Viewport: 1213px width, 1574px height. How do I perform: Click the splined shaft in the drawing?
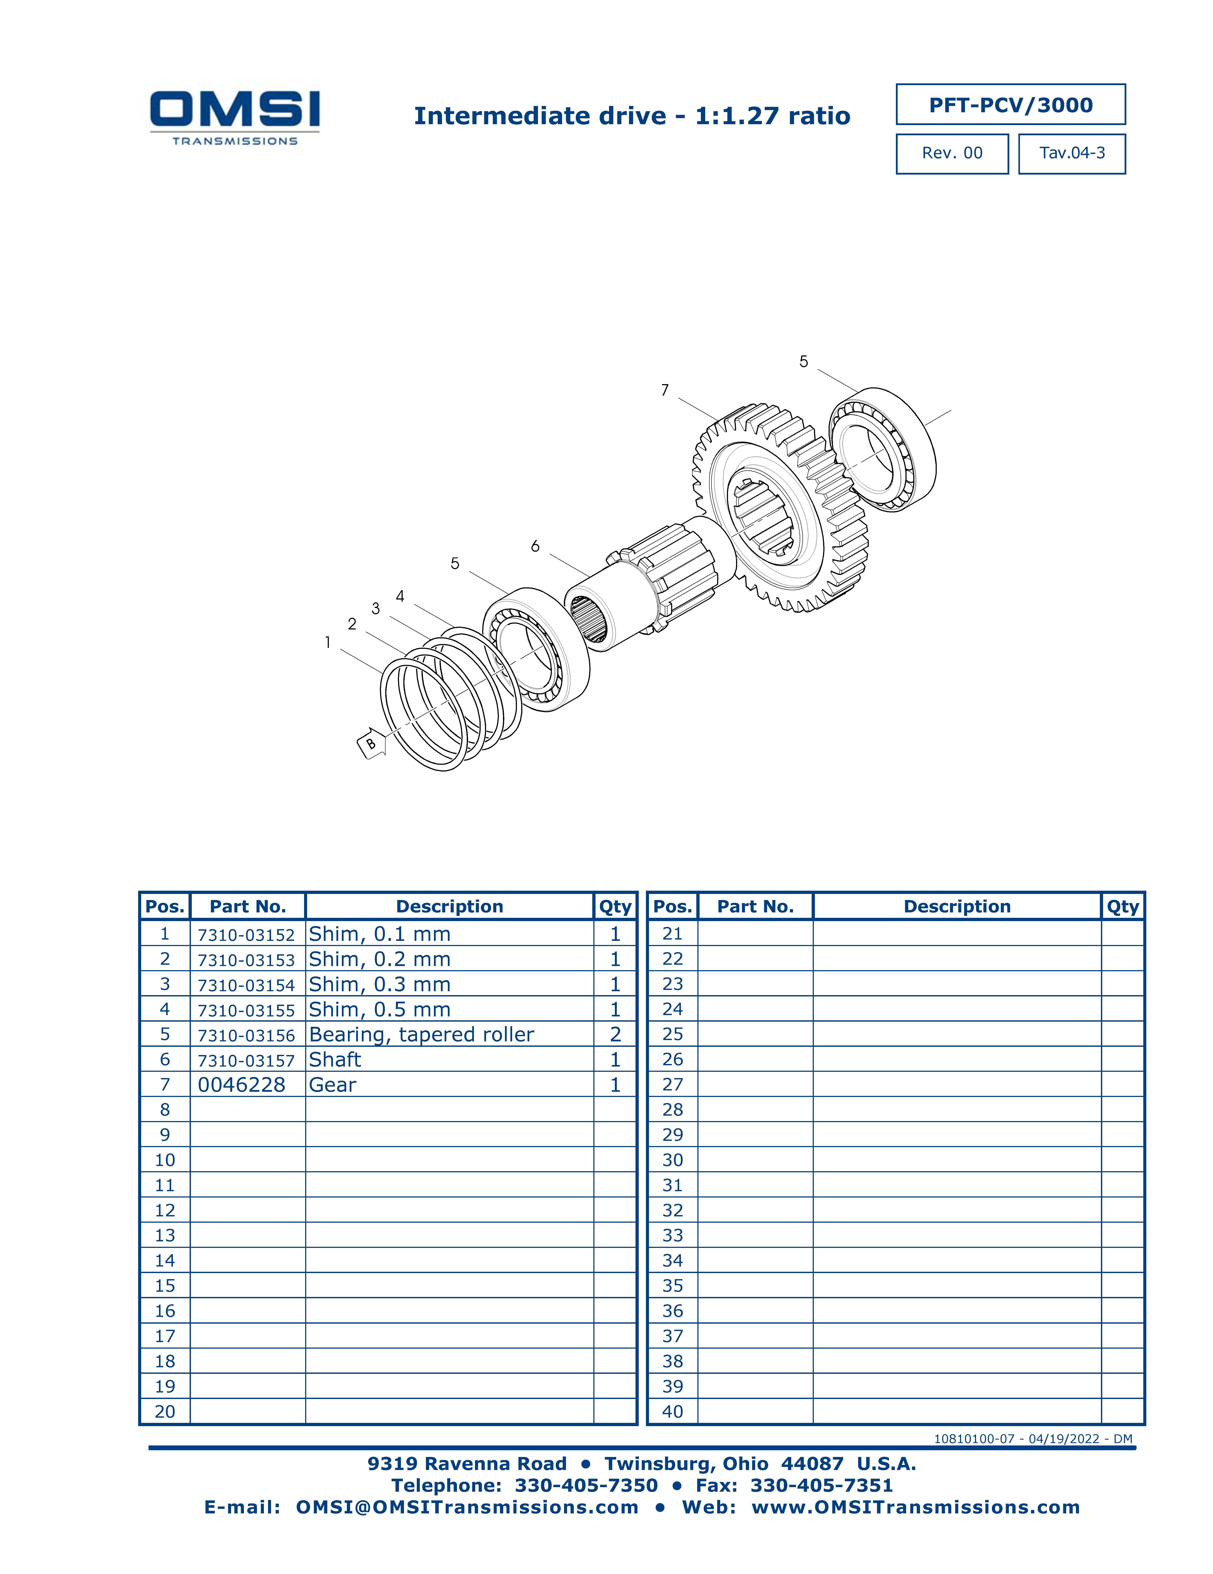[649, 584]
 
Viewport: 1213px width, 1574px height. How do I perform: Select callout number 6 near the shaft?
[535, 546]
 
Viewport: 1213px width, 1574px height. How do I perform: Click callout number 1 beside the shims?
[328, 642]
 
